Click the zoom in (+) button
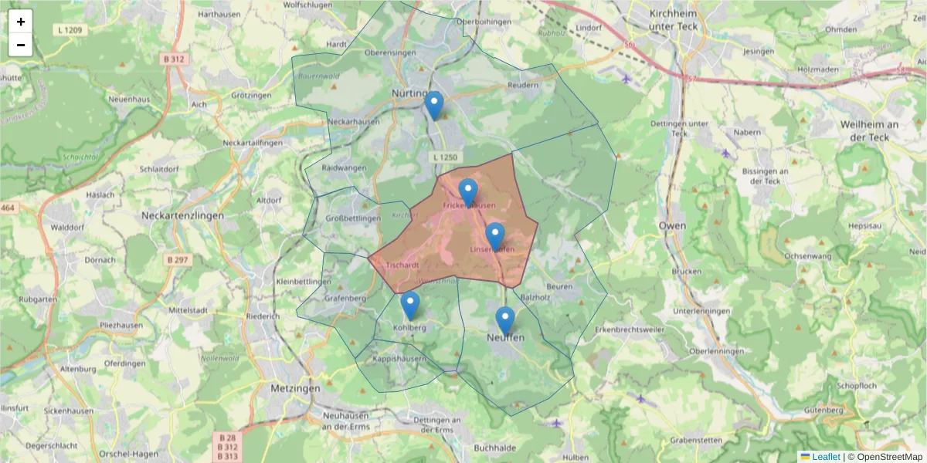point(21,22)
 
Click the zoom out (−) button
point(21,45)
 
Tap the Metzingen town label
point(295,389)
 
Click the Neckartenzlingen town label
point(182,216)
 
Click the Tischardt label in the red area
point(402,265)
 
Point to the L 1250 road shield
point(446,157)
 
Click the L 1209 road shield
point(70,30)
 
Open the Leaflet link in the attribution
point(825,457)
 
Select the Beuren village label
point(559,286)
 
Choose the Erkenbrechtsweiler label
point(630,330)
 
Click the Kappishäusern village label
point(399,359)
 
